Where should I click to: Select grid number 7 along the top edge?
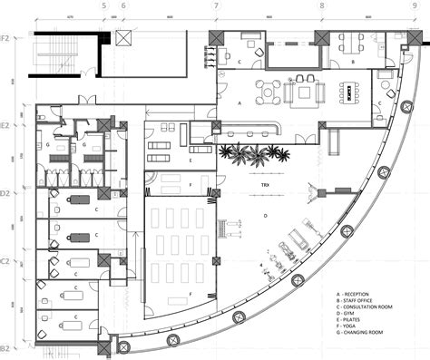[216, 5]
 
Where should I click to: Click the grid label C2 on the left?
[5, 260]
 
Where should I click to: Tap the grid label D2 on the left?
[5, 193]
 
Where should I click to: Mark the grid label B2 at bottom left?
[5, 348]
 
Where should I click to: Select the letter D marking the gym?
[265, 215]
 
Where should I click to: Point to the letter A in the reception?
[239, 105]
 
